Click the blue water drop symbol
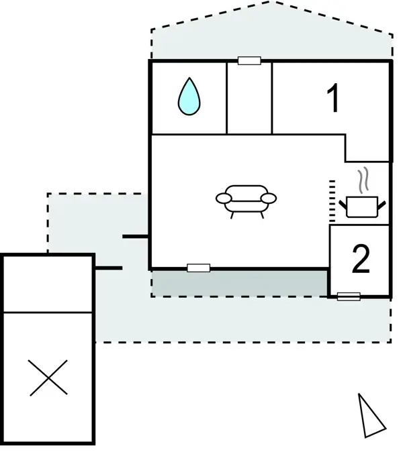(189, 97)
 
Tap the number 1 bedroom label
(333, 98)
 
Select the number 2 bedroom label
(361, 259)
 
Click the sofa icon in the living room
(247, 201)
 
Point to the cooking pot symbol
(362, 207)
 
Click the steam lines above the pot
(363, 179)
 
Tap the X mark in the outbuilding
(48, 378)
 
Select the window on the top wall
(249, 61)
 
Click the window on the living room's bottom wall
(199, 268)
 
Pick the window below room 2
(349, 296)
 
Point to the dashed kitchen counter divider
(332, 201)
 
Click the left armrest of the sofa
(224, 199)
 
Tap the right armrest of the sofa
(269, 199)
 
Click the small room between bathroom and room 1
(249, 99)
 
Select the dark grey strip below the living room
(239, 284)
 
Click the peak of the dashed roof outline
(271, 2)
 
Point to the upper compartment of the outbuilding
(48, 284)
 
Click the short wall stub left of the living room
(136, 236)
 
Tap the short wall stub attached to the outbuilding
(109, 268)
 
